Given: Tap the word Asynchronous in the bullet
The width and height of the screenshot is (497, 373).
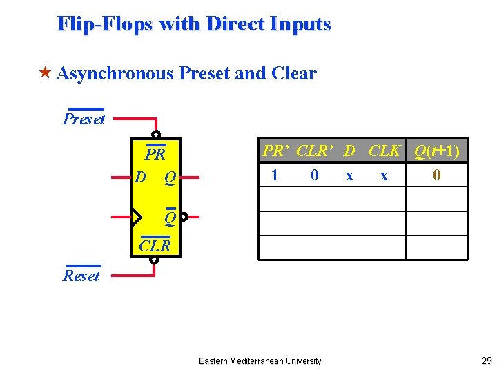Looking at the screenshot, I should tap(115, 73).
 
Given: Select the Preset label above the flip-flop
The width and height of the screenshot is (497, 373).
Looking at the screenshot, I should tap(84, 119).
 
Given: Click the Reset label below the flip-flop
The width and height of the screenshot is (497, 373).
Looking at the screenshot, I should tap(81, 276).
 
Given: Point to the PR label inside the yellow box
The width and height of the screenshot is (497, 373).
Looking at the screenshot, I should tap(155, 153).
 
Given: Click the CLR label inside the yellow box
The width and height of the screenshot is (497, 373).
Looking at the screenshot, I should tap(155, 245).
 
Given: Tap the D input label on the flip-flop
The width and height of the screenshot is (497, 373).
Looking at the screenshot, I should tap(140, 178).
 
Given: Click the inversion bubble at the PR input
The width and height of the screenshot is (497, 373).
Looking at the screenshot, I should tap(156, 135).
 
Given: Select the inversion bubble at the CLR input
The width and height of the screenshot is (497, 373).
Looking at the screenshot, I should tap(154, 260).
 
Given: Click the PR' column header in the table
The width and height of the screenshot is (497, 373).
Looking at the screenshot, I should tap(275, 151).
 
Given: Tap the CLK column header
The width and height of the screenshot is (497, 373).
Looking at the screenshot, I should tap(384, 151).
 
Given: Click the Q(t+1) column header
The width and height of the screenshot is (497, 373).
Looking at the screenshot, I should tap(436, 151).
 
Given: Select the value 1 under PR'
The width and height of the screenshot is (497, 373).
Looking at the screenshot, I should tap(275, 175).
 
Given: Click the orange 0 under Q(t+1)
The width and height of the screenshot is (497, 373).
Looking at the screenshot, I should tap(436, 175).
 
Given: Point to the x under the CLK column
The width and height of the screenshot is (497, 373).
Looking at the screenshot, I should tap(384, 176).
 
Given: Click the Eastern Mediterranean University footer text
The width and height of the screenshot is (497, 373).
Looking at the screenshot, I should tap(260, 361).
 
